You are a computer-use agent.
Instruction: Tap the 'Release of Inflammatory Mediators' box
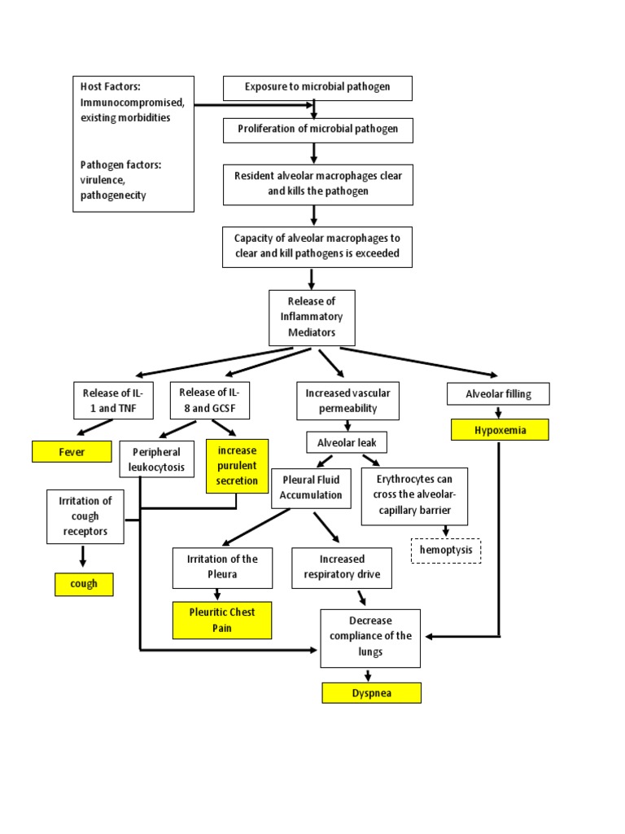tap(312, 317)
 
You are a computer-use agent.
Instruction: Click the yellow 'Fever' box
tap(72, 450)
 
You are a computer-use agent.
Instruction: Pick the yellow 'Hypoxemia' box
tap(500, 429)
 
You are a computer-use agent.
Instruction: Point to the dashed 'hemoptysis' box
tap(445, 551)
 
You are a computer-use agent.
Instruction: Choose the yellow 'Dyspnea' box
tap(371, 692)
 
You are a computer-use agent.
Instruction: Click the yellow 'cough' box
tap(84, 584)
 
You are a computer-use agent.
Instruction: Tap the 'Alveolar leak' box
tap(347, 441)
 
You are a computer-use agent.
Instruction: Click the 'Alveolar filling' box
tap(498, 394)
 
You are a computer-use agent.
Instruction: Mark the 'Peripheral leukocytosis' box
tap(156, 459)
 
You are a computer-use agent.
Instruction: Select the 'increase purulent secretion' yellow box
tap(237, 465)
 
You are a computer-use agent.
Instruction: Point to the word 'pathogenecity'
tap(113, 196)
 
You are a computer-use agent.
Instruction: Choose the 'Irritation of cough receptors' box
tap(85, 516)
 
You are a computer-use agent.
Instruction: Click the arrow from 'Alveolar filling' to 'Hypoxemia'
tap(498, 412)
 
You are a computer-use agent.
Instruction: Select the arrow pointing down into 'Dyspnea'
tap(369, 675)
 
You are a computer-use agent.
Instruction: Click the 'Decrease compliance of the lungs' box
tap(370, 637)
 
